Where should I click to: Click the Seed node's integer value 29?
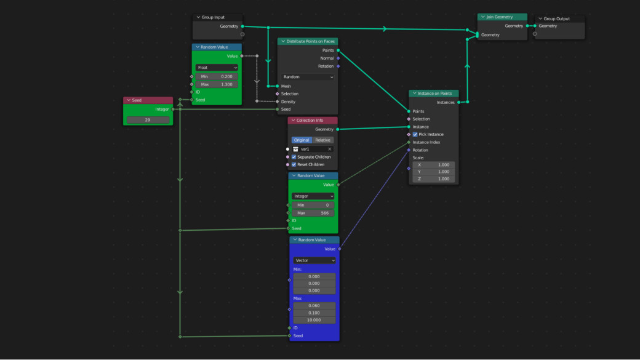pyautogui.click(x=148, y=120)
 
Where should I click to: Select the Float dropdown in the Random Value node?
pyautogui.click(x=217, y=67)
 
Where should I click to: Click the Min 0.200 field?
pyautogui.click(x=217, y=76)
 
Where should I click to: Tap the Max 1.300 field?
pyautogui.click(x=217, y=84)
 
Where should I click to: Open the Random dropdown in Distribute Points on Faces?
pyautogui.click(x=308, y=77)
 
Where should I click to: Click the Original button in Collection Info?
pyautogui.click(x=302, y=140)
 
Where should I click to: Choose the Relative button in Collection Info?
pyautogui.click(x=323, y=140)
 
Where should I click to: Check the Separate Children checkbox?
pyautogui.click(x=294, y=157)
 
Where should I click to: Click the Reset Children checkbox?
pyautogui.click(x=294, y=164)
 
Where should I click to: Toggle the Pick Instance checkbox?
pyautogui.click(x=415, y=134)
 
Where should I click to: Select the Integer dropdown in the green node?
pyautogui.click(x=313, y=196)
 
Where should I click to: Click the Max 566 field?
pyautogui.click(x=313, y=213)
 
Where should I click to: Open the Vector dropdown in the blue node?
pyautogui.click(x=314, y=260)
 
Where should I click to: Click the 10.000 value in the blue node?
pyautogui.click(x=314, y=320)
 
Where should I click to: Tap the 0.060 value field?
pyautogui.click(x=314, y=306)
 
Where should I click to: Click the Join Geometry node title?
pyautogui.click(x=499, y=17)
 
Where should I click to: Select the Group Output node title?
pyautogui.click(x=556, y=18)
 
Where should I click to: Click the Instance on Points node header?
pyautogui.click(x=434, y=93)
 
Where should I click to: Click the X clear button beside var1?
pyautogui.click(x=330, y=149)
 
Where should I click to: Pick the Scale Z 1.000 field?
pyautogui.click(x=433, y=179)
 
